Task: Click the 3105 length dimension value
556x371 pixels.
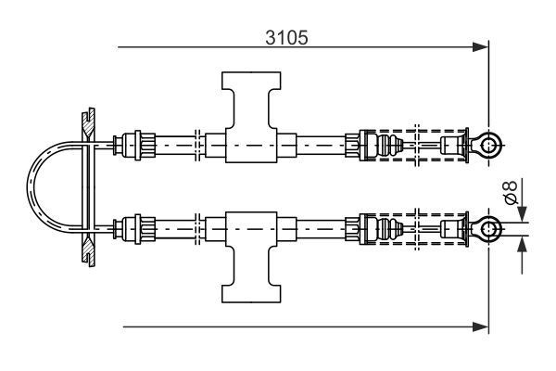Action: (x=286, y=37)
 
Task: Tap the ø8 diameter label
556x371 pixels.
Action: (x=508, y=194)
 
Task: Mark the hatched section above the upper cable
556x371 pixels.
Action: (x=85, y=120)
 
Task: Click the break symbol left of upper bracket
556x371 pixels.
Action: (x=197, y=144)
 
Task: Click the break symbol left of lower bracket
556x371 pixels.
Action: (x=197, y=226)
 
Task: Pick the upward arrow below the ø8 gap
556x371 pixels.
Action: (x=521, y=247)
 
